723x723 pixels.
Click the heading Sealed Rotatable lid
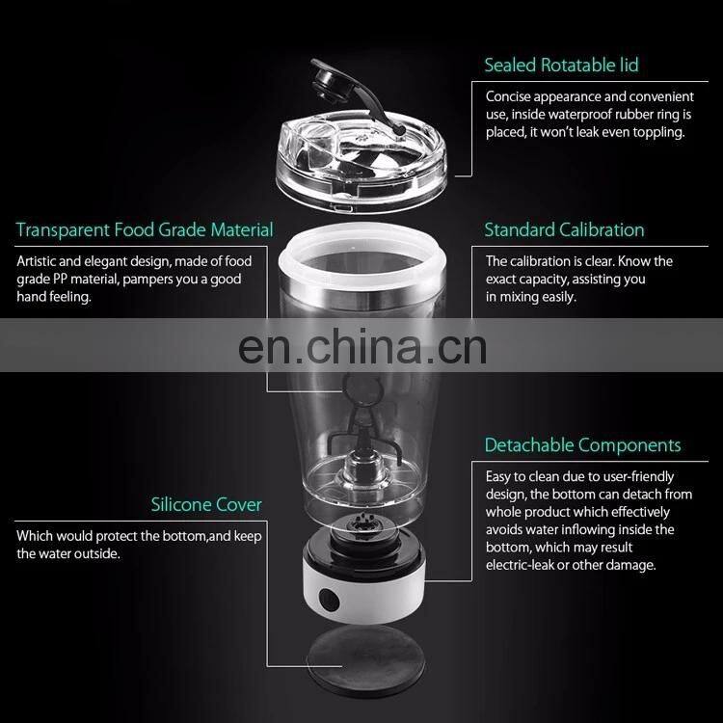tap(561, 66)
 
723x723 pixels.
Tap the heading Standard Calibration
tap(564, 229)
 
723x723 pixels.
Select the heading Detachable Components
tap(582, 445)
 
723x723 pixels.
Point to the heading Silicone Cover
tap(206, 504)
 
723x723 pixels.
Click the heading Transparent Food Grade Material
tap(145, 230)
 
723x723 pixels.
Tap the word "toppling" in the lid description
tap(652, 132)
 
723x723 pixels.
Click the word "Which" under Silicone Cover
tap(35, 535)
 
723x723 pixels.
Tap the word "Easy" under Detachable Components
tap(500, 476)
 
